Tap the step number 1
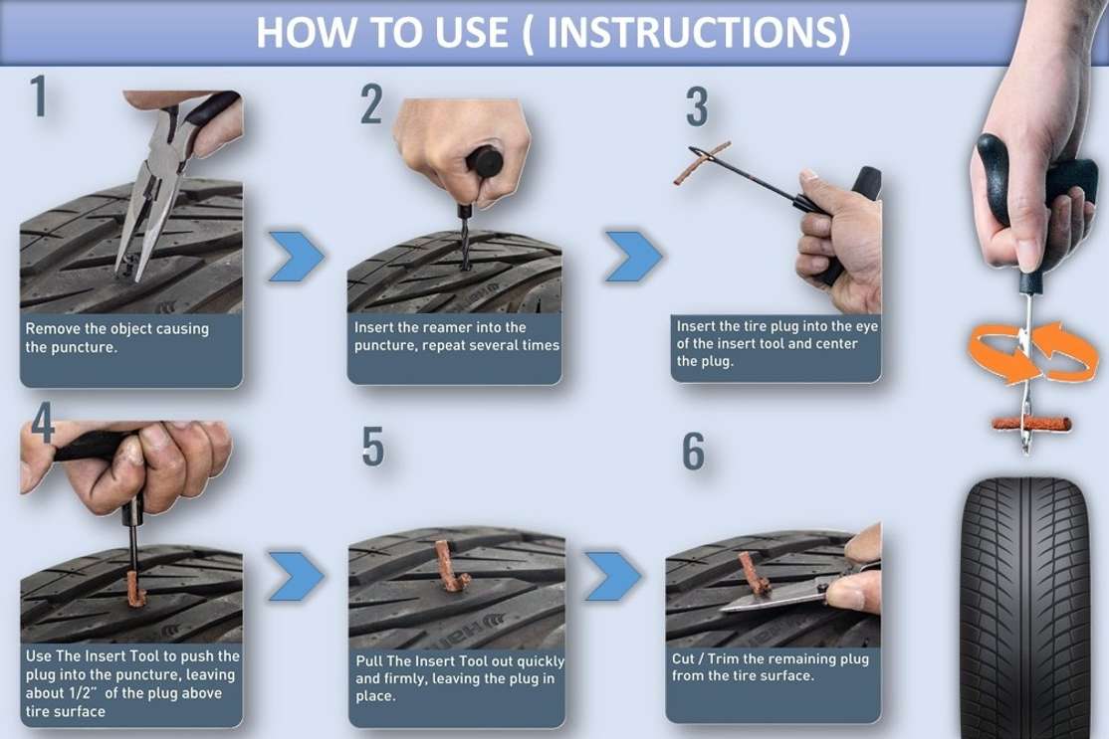[x=39, y=96]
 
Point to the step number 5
[x=372, y=447]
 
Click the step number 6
[x=693, y=452]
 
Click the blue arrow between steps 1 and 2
[x=297, y=256]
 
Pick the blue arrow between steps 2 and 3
[x=634, y=256]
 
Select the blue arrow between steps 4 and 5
[x=297, y=576]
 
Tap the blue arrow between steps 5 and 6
[x=613, y=576]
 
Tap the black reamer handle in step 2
[x=485, y=162]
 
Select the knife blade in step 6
[x=771, y=598]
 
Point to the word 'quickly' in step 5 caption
[x=540, y=661]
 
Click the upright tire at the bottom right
[x=1025, y=608]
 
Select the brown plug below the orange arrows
[x=1031, y=424]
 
